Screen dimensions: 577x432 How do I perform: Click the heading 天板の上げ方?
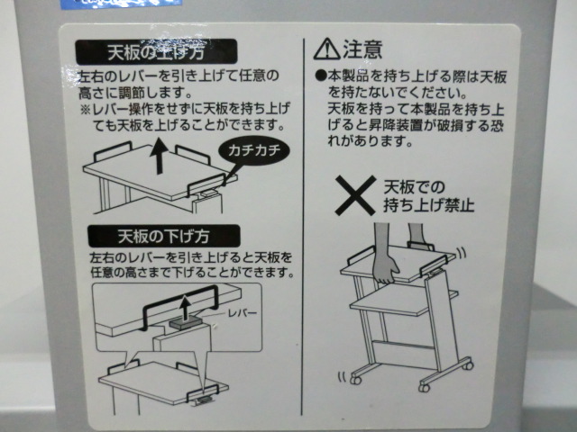156,52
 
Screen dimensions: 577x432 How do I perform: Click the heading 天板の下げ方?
164,236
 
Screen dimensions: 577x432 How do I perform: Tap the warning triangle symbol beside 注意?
326,49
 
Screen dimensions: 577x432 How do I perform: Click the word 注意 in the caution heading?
362,49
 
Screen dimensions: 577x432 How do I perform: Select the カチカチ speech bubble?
254,150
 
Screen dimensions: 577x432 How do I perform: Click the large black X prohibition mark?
356,195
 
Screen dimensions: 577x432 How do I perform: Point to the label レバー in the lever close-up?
242,313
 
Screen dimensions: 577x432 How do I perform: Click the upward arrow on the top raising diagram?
160,155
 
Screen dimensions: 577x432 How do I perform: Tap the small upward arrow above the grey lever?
186,308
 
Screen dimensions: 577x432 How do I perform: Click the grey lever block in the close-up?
186,324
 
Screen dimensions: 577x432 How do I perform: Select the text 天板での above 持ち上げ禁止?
414,187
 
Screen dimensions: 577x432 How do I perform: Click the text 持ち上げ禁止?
429,205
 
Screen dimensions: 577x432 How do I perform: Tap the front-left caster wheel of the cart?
355,380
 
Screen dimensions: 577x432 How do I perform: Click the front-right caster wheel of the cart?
425,386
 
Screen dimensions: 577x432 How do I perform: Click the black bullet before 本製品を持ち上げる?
321,76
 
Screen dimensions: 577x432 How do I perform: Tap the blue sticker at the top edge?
122,4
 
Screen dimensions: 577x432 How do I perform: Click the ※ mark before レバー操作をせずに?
85,110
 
